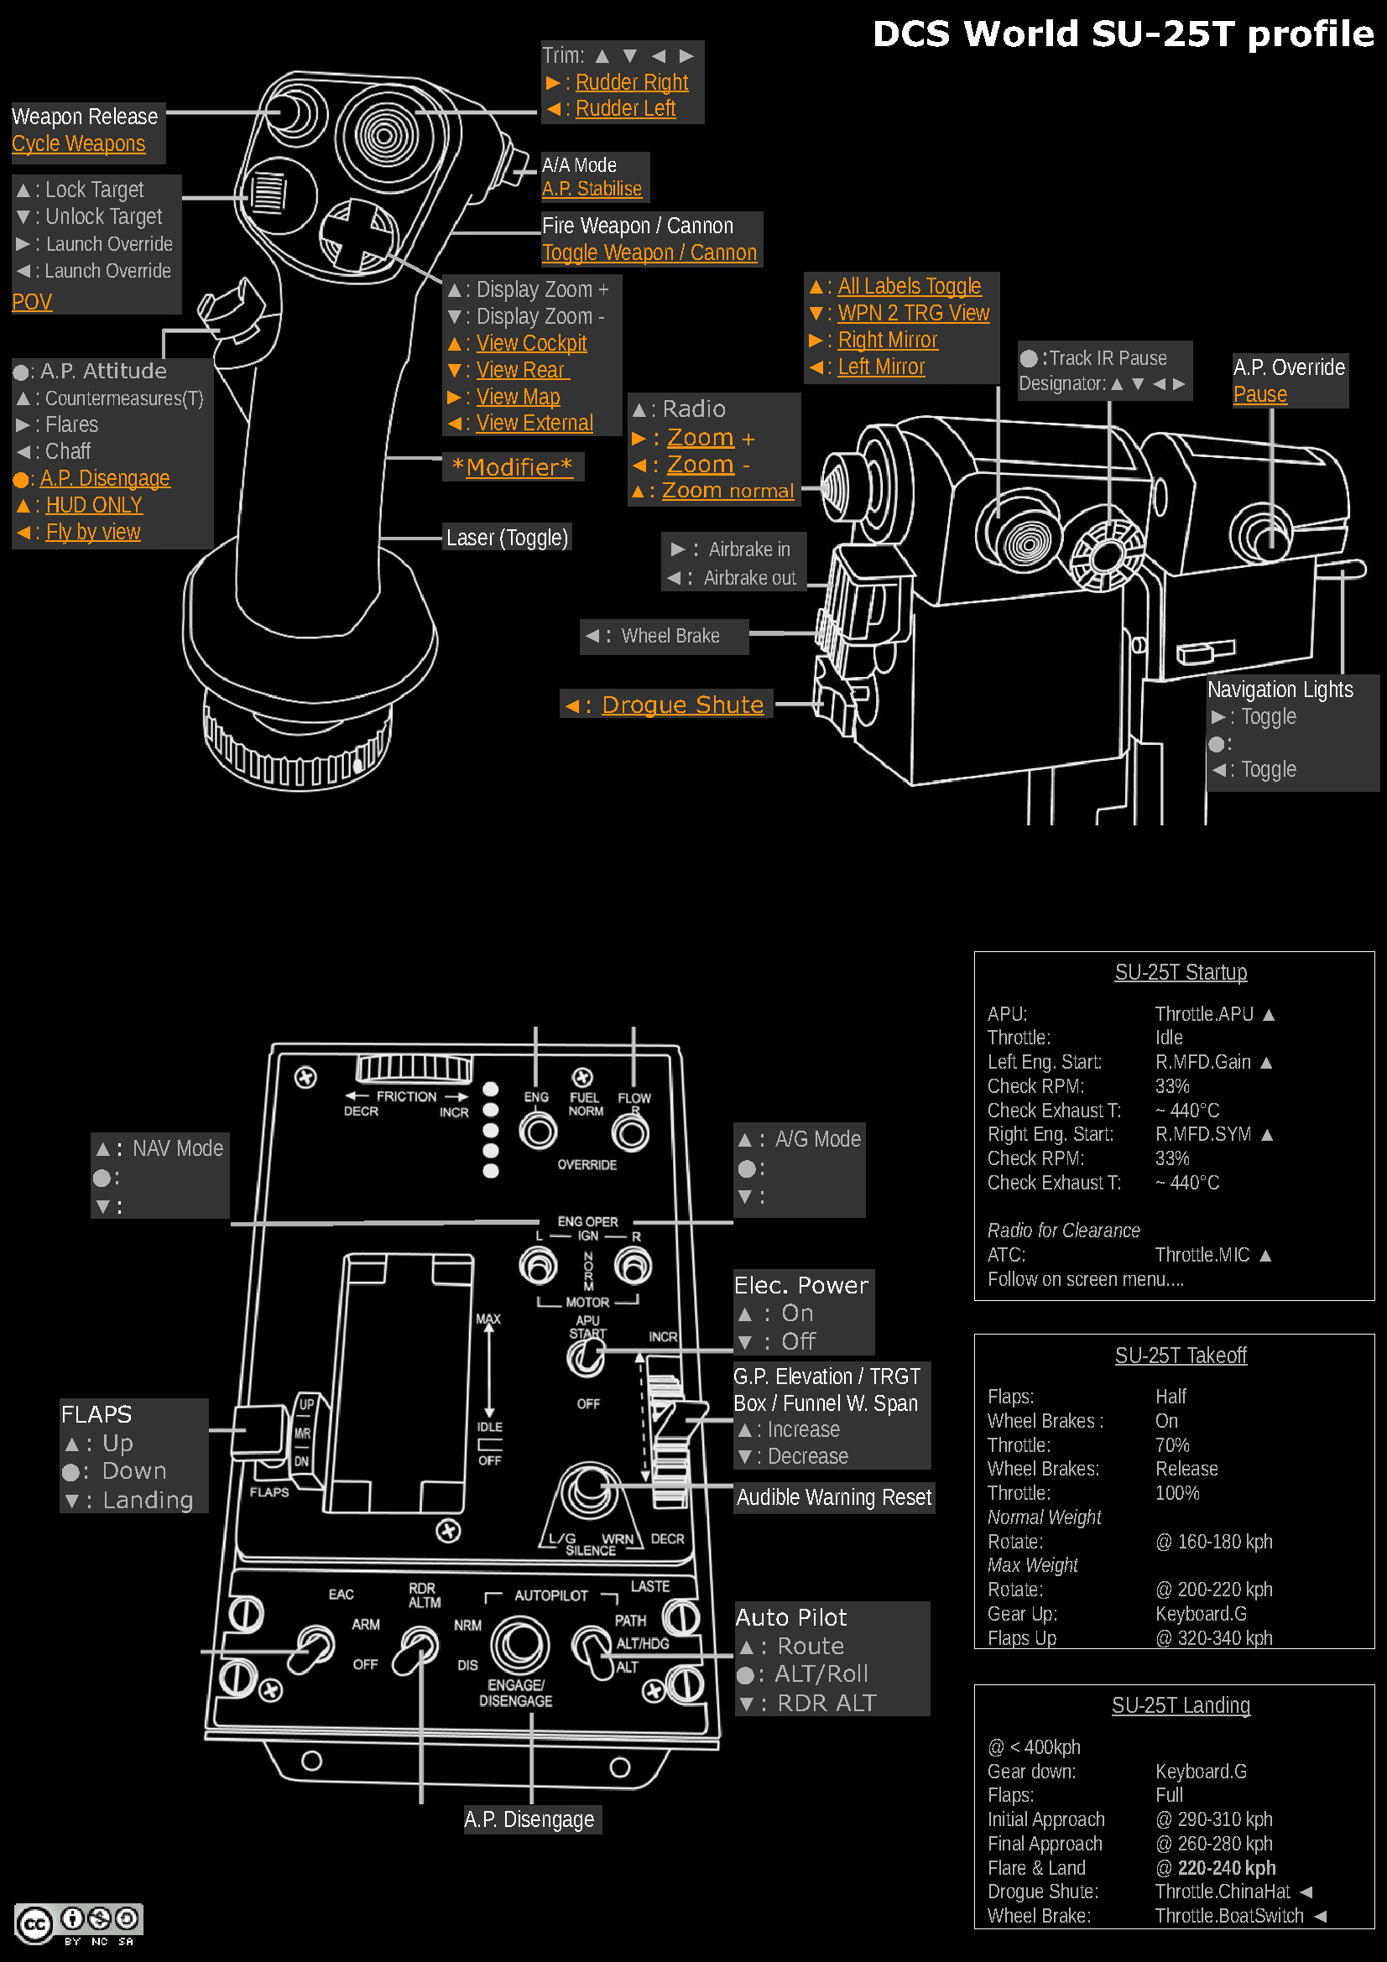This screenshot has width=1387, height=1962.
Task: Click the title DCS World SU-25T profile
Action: click(1122, 35)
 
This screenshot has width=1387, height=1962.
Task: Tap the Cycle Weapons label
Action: click(79, 143)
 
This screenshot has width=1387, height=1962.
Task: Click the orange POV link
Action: click(32, 302)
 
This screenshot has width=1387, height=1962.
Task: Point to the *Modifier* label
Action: click(512, 466)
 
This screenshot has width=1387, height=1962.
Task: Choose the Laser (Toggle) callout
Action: click(507, 538)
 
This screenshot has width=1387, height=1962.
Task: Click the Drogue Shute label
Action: click(682, 704)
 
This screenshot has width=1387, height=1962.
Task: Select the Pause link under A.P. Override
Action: click(1259, 394)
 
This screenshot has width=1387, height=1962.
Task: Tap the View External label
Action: click(534, 423)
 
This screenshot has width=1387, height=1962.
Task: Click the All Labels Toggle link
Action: click(909, 286)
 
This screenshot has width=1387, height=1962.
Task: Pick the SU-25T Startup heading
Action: click(1181, 972)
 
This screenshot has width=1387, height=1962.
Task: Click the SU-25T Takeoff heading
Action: click(1181, 1356)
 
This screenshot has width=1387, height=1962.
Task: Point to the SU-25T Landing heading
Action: click(1181, 1705)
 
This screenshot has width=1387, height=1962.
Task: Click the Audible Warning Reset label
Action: click(833, 1497)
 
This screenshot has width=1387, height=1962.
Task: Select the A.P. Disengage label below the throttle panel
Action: click(529, 1819)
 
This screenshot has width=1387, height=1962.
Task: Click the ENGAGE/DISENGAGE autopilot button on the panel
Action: click(519, 1644)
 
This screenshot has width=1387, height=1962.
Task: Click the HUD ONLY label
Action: click(94, 505)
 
